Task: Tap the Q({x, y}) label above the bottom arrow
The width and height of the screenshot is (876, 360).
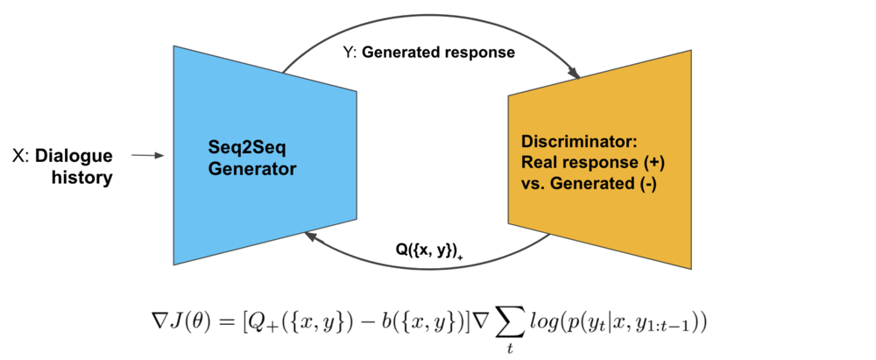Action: pyautogui.click(x=427, y=249)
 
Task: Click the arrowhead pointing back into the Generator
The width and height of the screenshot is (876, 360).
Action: pyautogui.click(x=307, y=235)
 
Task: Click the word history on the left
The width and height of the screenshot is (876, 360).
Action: pyautogui.click(x=84, y=178)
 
